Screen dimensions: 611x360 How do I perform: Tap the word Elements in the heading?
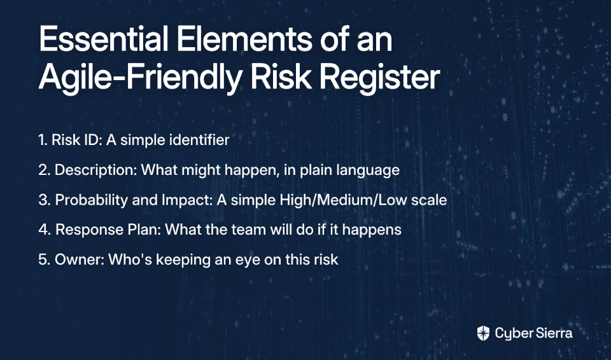click(x=244, y=39)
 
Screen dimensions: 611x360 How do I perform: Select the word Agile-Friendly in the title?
click(x=140, y=77)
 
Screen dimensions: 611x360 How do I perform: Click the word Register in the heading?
click(x=379, y=77)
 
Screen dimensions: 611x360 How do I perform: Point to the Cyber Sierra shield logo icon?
click(x=483, y=333)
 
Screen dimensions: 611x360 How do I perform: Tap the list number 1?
click(x=43, y=140)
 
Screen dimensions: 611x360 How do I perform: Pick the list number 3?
click(x=45, y=200)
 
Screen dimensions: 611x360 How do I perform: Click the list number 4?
click(x=45, y=230)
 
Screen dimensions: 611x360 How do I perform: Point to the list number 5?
click(x=45, y=260)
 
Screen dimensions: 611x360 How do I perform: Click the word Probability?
click(x=92, y=200)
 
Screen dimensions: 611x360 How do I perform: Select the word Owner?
click(x=80, y=260)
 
